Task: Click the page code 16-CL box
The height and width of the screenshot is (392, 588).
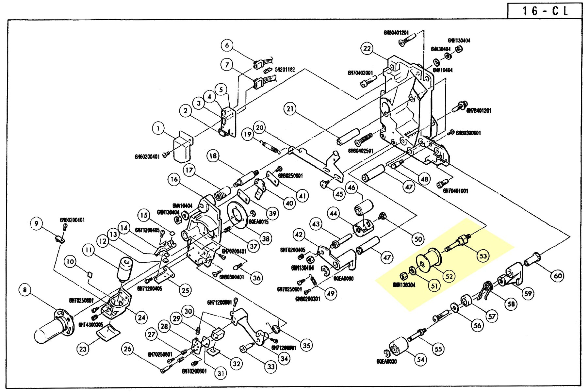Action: tap(545, 11)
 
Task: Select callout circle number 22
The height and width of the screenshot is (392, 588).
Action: tap(367, 49)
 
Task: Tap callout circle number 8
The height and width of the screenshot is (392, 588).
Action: tap(25, 290)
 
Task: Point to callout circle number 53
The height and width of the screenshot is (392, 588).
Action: tap(483, 256)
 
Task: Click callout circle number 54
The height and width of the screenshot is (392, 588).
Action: tap(421, 360)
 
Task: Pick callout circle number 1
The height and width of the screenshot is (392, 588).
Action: tap(158, 128)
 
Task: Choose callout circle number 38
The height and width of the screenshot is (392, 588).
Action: tap(266, 239)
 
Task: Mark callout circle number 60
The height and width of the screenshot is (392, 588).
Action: tap(558, 276)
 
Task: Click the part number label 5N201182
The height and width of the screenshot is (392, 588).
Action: tap(285, 70)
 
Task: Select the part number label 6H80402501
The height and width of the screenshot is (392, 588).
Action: tap(361, 151)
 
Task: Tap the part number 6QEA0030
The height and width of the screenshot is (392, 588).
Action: tap(386, 361)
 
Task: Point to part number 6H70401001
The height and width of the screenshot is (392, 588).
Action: tap(455, 191)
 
